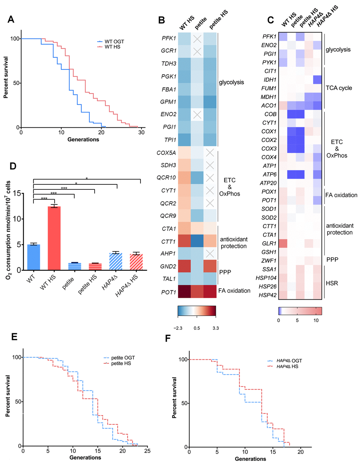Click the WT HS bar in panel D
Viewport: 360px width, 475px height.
[54, 238]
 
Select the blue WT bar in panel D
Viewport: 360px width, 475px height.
[34, 257]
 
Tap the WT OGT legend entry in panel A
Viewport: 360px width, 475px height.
[114, 42]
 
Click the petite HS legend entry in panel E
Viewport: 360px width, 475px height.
[121, 363]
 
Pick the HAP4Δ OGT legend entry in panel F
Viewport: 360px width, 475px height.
[289, 361]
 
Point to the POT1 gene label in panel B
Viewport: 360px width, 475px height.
[169, 292]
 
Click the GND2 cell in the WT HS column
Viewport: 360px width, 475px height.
[184, 266]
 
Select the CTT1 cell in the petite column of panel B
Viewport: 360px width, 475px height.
[197, 242]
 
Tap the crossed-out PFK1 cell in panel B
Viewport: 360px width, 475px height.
[197, 39]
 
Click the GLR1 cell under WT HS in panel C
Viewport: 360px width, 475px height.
[283, 243]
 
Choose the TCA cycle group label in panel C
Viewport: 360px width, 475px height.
[338, 88]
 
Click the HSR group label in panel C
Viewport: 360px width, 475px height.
[331, 283]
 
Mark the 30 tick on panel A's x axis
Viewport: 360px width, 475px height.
[142, 133]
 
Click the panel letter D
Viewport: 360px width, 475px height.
[13, 166]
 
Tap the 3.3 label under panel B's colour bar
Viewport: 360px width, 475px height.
[216, 328]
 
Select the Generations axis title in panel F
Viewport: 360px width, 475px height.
[250, 459]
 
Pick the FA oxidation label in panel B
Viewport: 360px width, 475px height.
[234, 291]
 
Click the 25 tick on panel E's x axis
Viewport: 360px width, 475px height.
[147, 451]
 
